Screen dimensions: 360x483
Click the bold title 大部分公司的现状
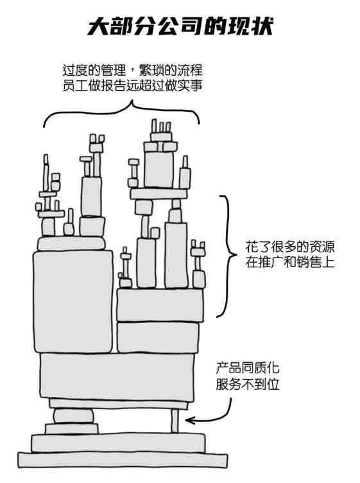click(180, 26)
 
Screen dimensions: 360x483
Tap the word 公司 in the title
click(181, 26)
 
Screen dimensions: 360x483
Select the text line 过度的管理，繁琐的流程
click(132, 70)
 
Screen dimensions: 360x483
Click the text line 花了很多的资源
click(290, 247)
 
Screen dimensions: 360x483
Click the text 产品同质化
click(248, 369)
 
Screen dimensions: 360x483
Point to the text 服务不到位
click(248, 384)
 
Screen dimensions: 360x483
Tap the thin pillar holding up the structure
click(175, 421)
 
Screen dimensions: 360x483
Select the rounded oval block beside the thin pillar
click(73, 416)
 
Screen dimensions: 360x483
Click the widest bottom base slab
click(123, 461)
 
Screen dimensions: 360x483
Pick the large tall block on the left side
click(73, 301)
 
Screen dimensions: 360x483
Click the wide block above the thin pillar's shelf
click(117, 376)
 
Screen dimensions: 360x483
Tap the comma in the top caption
click(133, 73)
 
